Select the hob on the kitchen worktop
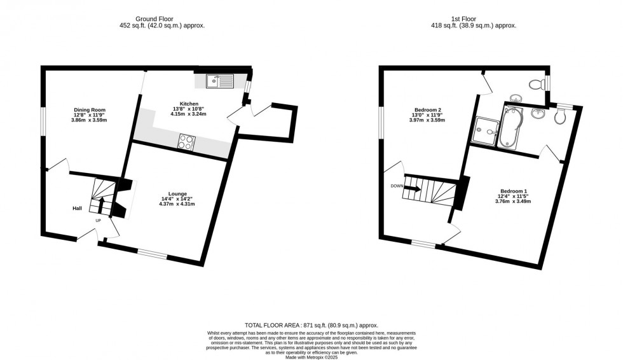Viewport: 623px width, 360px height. coord(187,142)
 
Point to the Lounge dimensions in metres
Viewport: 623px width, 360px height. coord(177,204)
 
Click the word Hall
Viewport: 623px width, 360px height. coord(77,208)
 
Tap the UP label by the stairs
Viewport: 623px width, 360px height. coord(98,221)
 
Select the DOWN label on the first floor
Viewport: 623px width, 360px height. coord(397,186)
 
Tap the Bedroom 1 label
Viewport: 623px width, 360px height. coord(513,191)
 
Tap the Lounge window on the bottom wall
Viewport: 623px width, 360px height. coord(153,256)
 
